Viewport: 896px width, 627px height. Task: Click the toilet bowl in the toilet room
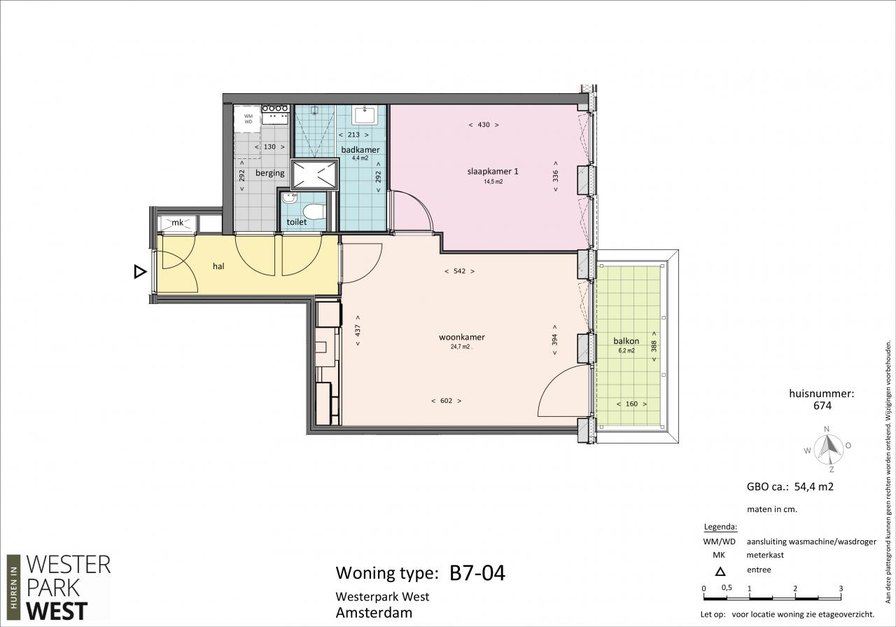point(314,211)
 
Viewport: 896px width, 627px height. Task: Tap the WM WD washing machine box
point(248,119)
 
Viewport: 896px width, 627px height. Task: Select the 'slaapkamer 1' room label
point(493,172)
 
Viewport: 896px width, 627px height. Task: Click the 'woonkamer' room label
point(461,337)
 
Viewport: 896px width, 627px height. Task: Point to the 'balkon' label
point(626,340)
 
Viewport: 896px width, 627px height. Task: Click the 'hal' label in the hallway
point(218,266)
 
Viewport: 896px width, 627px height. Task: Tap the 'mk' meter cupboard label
point(177,222)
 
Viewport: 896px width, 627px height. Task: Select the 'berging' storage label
point(270,173)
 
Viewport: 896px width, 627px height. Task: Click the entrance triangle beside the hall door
point(140,272)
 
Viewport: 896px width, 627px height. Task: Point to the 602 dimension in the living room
point(446,401)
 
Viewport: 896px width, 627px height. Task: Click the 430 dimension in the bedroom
point(484,125)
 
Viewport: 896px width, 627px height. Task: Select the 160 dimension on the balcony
point(631,404)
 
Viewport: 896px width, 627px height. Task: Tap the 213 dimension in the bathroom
point(353,135)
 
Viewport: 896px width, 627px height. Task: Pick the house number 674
point(822,406)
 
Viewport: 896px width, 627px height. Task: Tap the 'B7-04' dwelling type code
point(477,572)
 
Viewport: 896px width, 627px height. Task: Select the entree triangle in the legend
point(720,572)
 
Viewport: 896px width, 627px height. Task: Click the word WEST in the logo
point(57,611)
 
